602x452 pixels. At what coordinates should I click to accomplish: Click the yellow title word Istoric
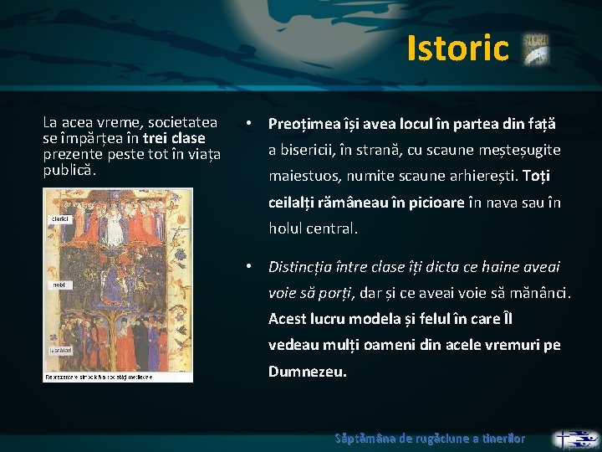pos(457,49)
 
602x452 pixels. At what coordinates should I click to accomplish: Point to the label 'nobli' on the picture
pos(58,285)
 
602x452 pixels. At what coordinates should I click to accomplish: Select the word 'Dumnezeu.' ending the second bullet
pos(307,372)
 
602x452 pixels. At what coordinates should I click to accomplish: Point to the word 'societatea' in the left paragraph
pos(182,122)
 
